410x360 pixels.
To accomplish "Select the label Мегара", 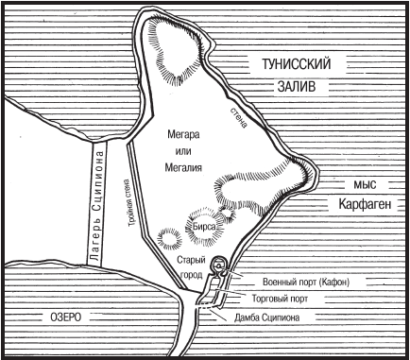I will (170, 135).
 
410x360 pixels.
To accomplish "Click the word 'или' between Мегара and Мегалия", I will (170, 150).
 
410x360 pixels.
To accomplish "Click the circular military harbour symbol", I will (218, 266).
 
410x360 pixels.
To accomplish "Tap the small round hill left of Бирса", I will (170, 233).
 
